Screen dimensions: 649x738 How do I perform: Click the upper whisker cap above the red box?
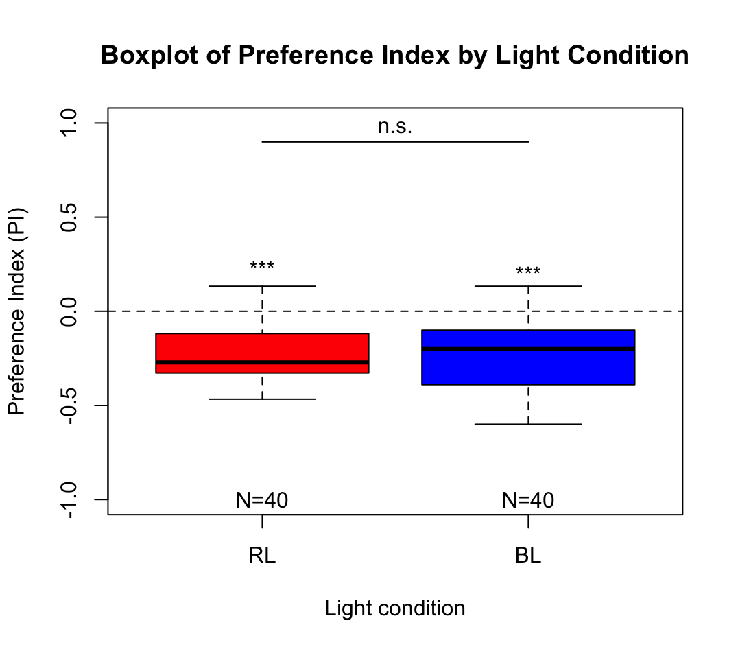click(x=262, y=285)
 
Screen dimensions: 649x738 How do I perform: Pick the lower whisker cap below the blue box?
click(x=528, y=424)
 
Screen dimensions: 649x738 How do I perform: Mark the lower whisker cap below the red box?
click(x=262, y=399)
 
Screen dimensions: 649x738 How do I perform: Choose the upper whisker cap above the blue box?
click(x=528, y=285)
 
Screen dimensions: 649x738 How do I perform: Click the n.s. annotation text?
click(x=395, y=127)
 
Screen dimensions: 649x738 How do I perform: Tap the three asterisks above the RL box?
click(x=262, y=268)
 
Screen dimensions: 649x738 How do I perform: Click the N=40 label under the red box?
click(x=262, y=500)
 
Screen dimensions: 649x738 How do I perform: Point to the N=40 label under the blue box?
click(x=528, y=500)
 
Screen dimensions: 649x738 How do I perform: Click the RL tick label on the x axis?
click(x=262, y=556)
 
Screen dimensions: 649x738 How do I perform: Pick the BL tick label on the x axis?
click(x=528, y=556)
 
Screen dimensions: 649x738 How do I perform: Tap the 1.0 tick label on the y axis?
click(x=69, y=123)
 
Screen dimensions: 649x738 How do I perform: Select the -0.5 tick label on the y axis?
click(x=69, y=406)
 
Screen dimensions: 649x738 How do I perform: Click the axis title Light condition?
click(x=395, y=609)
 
